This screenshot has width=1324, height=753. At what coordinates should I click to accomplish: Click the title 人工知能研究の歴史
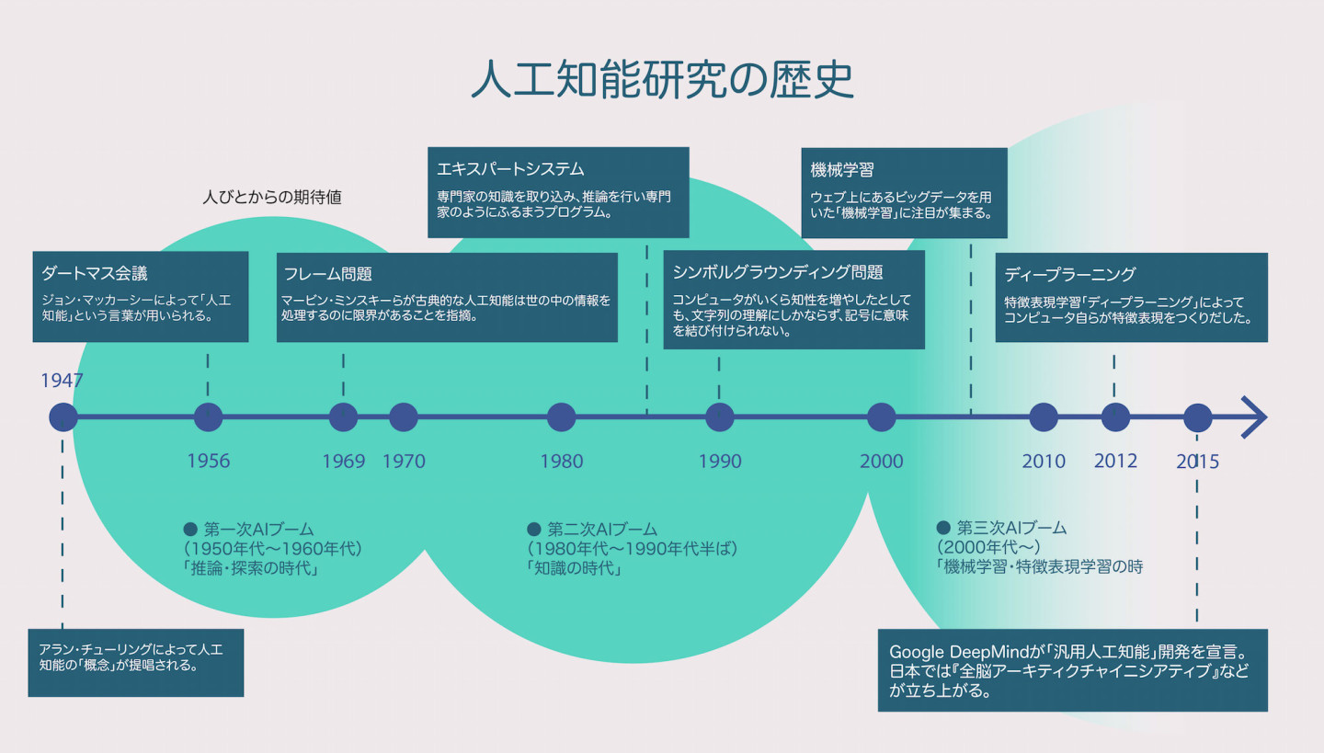[x=662, y=81]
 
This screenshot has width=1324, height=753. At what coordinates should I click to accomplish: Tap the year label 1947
[x=63, y=381]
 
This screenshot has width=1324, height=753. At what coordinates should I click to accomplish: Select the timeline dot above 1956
[x=209, y=417]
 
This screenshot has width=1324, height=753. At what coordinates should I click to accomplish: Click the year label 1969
[x=343, y=461]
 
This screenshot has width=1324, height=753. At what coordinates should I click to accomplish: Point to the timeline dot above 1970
[x=404, y=417]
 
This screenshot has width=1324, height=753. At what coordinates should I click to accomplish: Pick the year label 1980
[x=561, y=461]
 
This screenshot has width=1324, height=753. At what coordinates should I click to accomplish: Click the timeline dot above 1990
[x=719, y=417]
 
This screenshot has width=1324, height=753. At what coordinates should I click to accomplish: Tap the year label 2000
[x=881, y=461]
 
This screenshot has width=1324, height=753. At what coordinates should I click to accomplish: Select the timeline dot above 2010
[x=1043, y=417]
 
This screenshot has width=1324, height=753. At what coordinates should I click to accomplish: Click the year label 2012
[x=1115, y=461]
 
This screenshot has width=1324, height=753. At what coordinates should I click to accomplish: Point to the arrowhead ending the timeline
[x=1255, y=417]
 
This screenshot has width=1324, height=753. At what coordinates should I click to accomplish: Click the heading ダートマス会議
[x=95, y=273]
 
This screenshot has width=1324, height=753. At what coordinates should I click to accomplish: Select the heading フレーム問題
[x=328, y=274]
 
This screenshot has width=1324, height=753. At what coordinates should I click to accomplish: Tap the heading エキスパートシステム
[x=511, y=169]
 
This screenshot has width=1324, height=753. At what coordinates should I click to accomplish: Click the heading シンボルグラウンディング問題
[x=778, y=272]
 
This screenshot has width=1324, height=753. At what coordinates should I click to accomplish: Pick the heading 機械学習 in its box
[x=842, y=170]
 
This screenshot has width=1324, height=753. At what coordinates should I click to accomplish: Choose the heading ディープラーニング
[x=1069, y=274]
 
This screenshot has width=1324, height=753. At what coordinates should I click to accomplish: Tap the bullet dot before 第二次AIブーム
[x=533, y=529]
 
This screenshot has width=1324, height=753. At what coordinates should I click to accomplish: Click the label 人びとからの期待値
[x=271, y=197]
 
